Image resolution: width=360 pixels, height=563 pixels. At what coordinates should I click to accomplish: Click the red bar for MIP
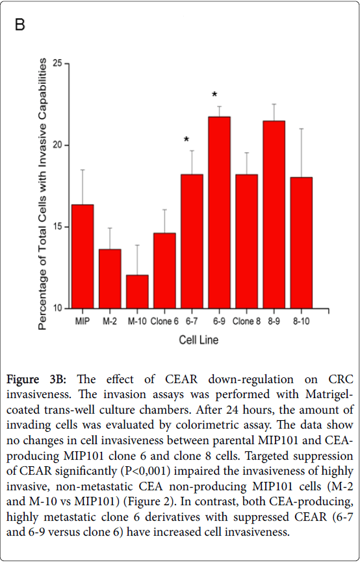[83, 256]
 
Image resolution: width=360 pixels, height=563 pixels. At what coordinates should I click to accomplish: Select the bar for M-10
[137, 292]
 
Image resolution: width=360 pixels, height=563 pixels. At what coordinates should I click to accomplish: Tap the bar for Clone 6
[164, 271]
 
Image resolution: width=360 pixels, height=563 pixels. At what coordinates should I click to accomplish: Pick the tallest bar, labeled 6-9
[219, 212]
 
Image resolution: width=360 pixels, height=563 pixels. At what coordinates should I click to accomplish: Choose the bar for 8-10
[301, 243]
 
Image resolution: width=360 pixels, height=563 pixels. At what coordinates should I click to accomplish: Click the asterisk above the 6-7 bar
[186, 140]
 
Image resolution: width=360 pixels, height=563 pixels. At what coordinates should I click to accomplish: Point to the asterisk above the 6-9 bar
[214, 95]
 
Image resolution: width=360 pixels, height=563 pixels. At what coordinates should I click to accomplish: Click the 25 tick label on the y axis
[57, 64]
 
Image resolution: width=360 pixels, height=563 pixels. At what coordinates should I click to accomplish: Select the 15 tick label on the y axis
[57, 227]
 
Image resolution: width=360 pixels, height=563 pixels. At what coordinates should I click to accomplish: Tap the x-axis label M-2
[110, 321]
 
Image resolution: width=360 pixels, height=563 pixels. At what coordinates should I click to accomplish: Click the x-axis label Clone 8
[246, 321]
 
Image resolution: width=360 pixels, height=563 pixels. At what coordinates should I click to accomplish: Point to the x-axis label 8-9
[274, 321]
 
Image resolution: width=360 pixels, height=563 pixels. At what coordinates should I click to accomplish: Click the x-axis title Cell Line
[198, 340]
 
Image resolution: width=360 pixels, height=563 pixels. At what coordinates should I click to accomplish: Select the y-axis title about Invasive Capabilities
[42, 194]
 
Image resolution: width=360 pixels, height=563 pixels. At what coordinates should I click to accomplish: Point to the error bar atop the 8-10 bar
[301, 153]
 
